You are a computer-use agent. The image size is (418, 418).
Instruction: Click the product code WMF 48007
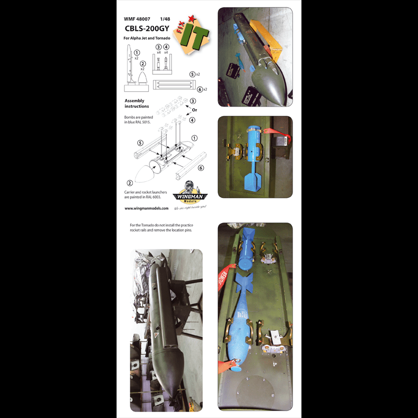pyautogui.click(x=138, y=19)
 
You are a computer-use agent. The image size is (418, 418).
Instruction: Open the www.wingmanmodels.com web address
pyautogui.click(x=147, y=208)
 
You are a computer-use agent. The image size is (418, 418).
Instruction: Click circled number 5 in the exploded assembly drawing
pyautogui.click(x=141, y=142)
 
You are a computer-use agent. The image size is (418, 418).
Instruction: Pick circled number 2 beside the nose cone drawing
pyautogui.click(x=129, y=183)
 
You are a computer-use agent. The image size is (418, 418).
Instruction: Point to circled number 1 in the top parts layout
pyautogui.click(x=137, y=53)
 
